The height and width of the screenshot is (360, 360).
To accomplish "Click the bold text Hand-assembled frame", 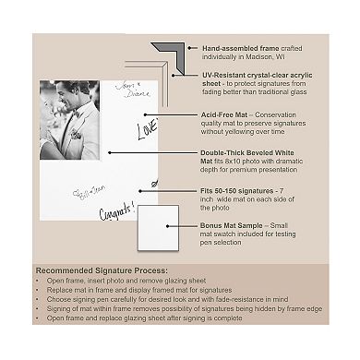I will pyautogui.click(x=227, y=46).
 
